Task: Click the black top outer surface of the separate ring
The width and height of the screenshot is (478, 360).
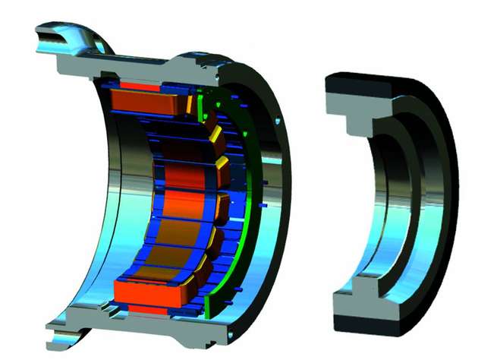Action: pyautogui.click(x=372, y=80)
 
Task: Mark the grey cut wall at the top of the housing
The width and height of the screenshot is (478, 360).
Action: pyautogui.click(x=152, y=65)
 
